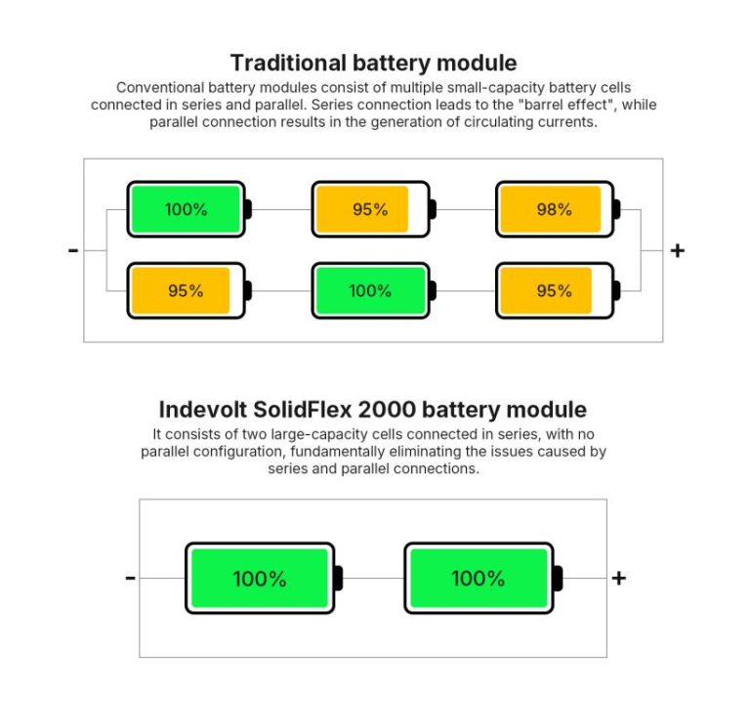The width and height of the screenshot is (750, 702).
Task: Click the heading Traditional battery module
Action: tap(373, 64)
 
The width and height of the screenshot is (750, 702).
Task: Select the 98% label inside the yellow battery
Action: tap(553, 209)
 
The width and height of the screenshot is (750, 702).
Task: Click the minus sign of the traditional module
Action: tap(73, 250)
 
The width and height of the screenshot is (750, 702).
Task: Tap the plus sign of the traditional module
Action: tap(677, 250)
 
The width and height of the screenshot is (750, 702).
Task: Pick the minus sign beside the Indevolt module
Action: tap(130, 578)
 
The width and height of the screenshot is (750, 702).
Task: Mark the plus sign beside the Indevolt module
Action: tap(618, 578)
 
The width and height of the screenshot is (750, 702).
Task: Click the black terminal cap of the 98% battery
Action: tap(616, 209)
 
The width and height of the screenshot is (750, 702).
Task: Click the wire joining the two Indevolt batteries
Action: tap(372, 578)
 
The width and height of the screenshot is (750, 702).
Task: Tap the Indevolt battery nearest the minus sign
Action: tap(260, 578)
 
